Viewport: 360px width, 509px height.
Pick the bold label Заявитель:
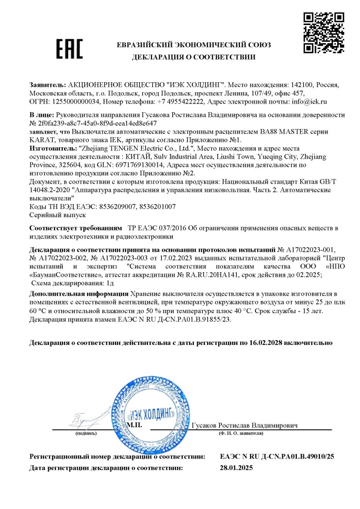[47, 85]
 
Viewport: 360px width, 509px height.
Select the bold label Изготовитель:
[53, 149]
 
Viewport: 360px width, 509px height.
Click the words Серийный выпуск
[51, 215]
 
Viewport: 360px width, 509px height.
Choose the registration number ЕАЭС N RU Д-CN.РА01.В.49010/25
[277, 456]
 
